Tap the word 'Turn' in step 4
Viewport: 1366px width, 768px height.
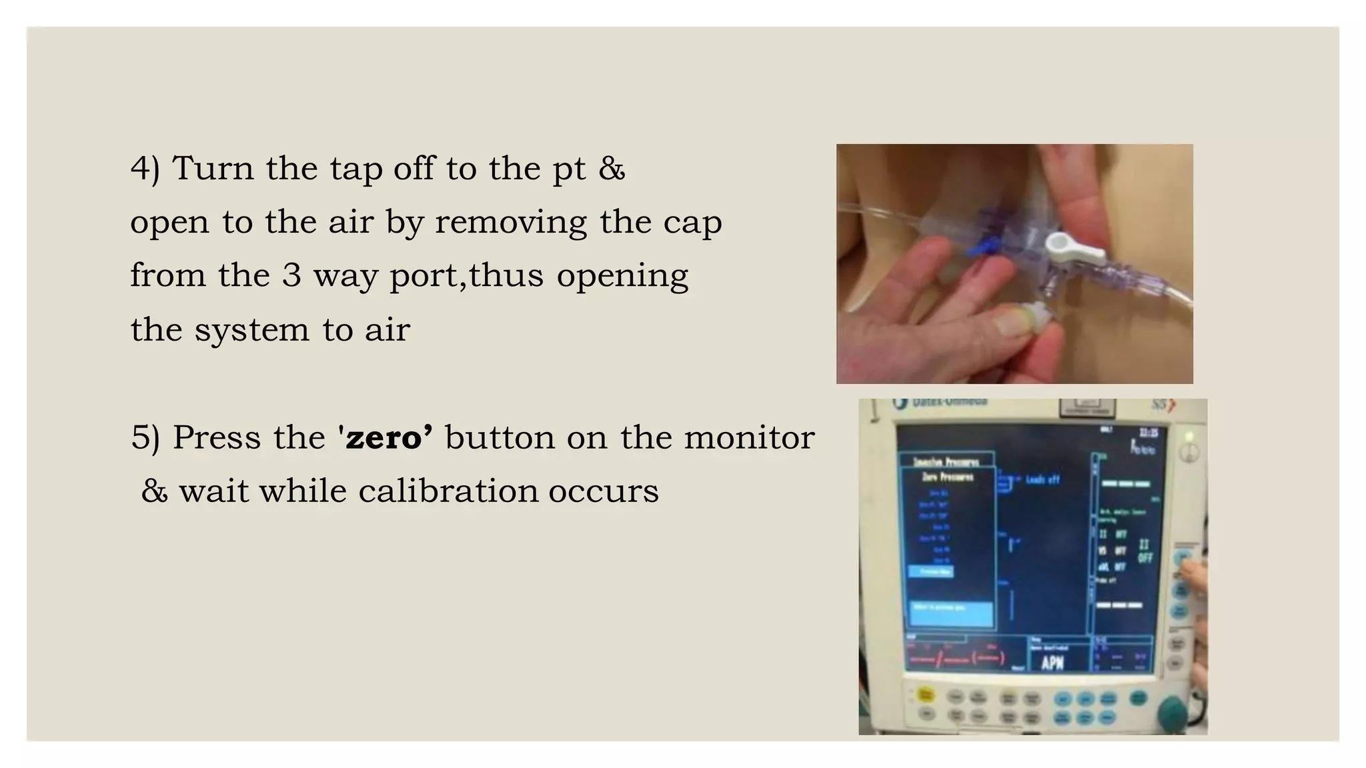tap(213, 167)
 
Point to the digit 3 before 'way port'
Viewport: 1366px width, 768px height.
tap(291, 275)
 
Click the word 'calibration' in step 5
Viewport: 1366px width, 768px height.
tap(448, 491)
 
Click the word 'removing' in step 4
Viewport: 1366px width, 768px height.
tap(511, 223)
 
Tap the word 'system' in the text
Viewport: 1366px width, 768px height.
tap(252, 329)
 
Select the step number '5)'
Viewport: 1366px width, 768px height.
tap(145, 439)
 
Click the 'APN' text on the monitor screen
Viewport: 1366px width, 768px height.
tap(1052, 663)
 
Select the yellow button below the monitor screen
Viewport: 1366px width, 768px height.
tap(925, 695)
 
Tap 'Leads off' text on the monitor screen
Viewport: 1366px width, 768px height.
tap(1041, 479)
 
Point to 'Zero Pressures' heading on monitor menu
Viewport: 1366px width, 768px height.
tap(947, 477)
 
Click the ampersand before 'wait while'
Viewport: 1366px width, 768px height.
tap(154, 492)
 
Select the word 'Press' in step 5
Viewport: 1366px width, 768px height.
tap(215, 438)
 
